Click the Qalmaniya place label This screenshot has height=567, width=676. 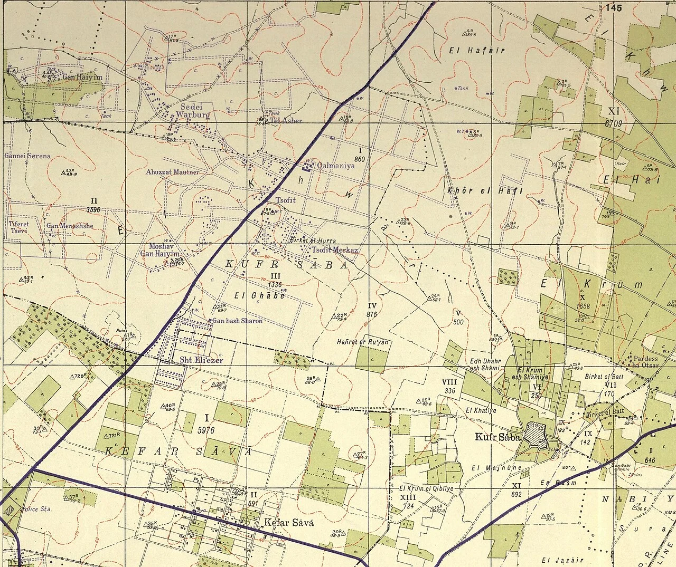[335, 165]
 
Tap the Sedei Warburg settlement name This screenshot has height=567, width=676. [193, 110]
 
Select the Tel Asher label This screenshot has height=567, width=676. [286, 120]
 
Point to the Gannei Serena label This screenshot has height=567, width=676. [27, 156]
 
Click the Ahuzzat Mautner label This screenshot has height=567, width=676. [173, 172]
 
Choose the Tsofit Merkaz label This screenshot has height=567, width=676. [335, 250]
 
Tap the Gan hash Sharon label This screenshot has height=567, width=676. [237, 321]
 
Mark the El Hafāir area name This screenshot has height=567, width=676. [476, 51]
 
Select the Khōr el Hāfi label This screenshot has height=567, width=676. [485, 190]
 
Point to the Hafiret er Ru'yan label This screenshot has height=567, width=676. [362, 342]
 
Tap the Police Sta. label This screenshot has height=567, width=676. [36, 509]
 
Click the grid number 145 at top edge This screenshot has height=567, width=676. [614, 7]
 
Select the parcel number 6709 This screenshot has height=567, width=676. [614, 123]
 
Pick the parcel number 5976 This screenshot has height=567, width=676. [206, 430]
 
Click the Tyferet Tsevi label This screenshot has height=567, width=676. [18, 227]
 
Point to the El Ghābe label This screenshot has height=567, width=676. [260, 295]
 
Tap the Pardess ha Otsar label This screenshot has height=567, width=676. [646, 362]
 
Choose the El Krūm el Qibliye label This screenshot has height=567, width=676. [426, 489]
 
